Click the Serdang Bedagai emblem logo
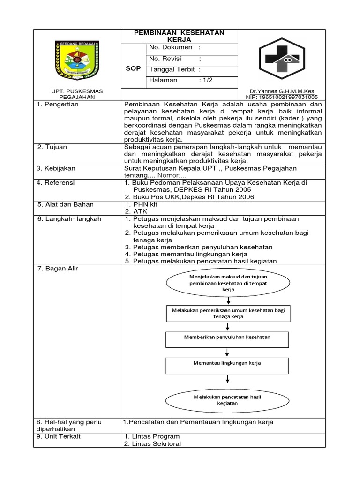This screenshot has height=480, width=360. pyautogui.click(x=77, y=61)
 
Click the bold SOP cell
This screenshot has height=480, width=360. pyautogui.click(x=133, y=68)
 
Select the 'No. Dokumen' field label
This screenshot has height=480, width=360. pyautogui.click(x=171, y=47)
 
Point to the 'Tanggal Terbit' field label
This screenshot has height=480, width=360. pyautogui.click(x=171, y=69)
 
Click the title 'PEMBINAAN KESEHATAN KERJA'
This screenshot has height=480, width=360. pyautogui.click(x=180, y=36)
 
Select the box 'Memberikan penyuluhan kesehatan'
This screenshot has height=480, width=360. pyautogui.click(x=226, y=337)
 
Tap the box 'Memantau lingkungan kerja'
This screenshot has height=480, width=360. pyautogui.click(x=227, y=363)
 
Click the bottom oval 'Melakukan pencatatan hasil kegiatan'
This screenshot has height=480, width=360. pyautogui.click(x=227, y=400)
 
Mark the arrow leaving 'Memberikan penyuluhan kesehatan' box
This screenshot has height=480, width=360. pyautogui.click(x=227, y=352)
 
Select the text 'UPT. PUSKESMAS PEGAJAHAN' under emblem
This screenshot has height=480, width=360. pyautogui.click(x=77, y=94)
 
